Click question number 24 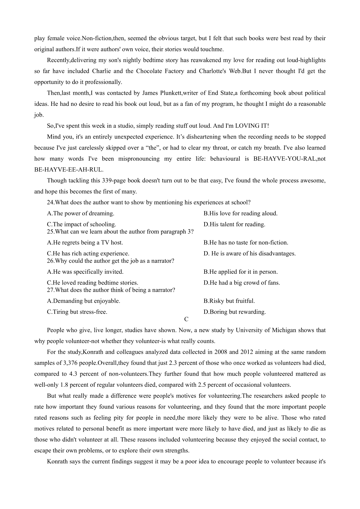(x=51, y=202)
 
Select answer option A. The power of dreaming (x=80, y=213)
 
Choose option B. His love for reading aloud (x=240, y=213)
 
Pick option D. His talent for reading (x=234, y=224)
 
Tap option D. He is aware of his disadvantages (x=250, y=253)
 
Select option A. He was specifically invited (x=85, y=272)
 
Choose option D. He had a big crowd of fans (x=241, y=283)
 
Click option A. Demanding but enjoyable (x=83, y=301)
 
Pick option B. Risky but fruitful (x=229, y=301)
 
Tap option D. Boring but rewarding (x=234, y=312)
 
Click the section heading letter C (x=186, y=319)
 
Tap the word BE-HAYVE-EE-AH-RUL (x=69, y=169)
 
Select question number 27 (x=51, y=290)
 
